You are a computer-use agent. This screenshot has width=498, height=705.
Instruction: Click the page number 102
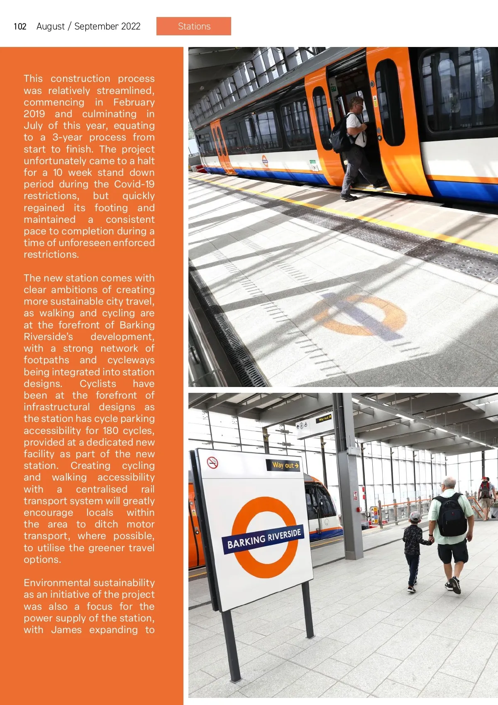(20, 27)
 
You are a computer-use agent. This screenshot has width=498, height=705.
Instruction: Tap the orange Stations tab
(194, 26)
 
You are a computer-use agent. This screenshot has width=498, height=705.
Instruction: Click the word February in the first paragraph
(134, 102)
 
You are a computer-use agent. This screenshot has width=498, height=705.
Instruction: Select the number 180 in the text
(111, 431)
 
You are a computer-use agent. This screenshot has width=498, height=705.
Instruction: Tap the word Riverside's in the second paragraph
(48, 337)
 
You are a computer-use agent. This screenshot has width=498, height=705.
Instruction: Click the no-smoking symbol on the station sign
(212, 462)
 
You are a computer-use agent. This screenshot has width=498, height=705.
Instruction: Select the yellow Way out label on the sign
(285, 465)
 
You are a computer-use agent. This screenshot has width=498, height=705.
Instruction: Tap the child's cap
(414, 517)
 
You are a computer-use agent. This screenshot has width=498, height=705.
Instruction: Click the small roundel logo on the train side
(265, 161)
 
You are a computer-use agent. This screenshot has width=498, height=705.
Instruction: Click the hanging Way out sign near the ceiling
(324, 418)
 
